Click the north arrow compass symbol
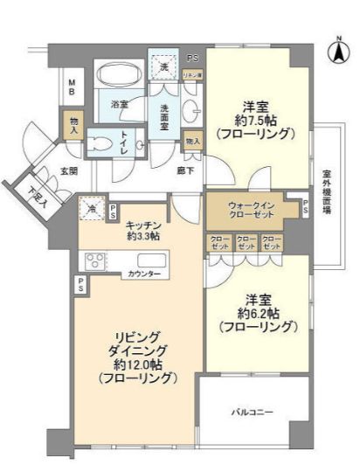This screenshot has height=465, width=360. click(x=336, y=50)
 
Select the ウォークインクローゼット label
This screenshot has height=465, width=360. click(x=252, y=210)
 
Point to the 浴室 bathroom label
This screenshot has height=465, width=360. click(x=120, y=104)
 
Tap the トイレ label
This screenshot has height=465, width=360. click(x=126, y=142)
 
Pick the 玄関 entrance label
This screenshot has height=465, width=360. click(x=69, y=171)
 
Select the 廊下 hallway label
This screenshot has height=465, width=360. click(x=184, y=172)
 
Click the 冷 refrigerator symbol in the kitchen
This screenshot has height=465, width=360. click(x=92, y=210)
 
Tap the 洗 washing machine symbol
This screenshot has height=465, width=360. click(x=163, y=66)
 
